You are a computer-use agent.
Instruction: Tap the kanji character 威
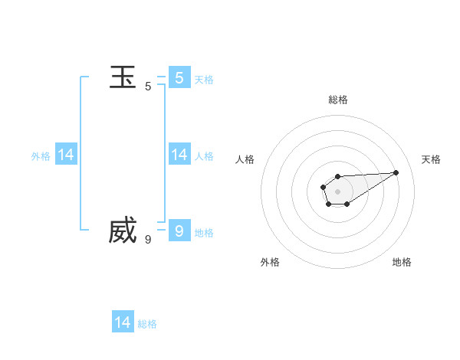[x=123, y=231]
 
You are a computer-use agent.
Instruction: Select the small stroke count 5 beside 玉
[x=148, y=87]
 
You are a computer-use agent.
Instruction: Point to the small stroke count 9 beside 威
[x=148, y=240]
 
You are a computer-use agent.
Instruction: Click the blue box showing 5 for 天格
[x=179, y=77]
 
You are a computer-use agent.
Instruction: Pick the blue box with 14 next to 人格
[x=179, y=155]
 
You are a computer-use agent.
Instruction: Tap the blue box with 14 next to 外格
[x=66, y=155]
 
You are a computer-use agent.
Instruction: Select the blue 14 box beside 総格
[x=123, y=322]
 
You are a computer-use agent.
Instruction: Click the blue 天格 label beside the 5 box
[x=204, y=80]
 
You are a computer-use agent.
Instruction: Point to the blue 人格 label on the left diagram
[x=204, y=156]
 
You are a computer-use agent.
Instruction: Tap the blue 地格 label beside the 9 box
[x=204, y=233]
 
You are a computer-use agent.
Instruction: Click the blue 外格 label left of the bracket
[x=41, y=156]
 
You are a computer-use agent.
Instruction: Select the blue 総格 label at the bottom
[x=147, y=324]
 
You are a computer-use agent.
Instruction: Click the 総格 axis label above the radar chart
[x=338, y=100]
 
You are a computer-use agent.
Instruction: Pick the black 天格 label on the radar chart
[x=432, y=159]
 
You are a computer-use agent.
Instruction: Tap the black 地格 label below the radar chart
[x=402, y=262]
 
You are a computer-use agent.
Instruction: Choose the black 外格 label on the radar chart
[x=270, y=262]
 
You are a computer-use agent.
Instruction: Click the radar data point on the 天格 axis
[x=396, y=172]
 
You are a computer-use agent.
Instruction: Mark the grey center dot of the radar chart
[x=337, y=191]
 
